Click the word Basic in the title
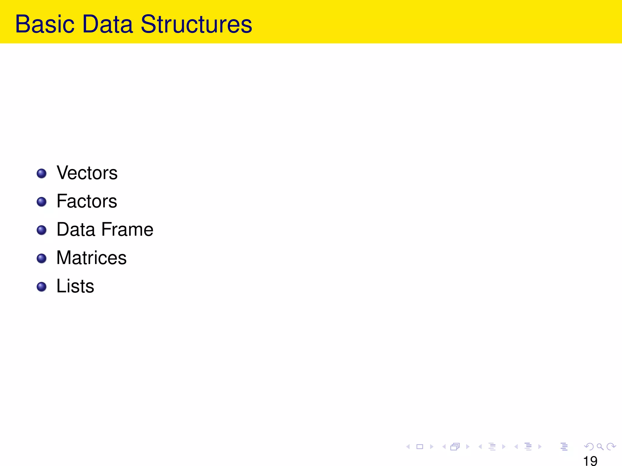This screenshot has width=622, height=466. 45,24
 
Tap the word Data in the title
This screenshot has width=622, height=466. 108,24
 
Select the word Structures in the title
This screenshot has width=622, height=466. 196,24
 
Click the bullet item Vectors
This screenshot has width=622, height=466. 87,173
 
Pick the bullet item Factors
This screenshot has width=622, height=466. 87,201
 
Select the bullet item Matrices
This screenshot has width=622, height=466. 91,258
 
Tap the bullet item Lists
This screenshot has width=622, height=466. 75,286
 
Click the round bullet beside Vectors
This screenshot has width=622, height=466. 42,174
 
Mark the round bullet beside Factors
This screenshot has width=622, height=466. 42,202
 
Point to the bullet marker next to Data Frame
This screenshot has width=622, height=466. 42,230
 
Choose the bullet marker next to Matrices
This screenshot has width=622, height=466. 42,258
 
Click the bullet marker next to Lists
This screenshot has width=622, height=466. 42,287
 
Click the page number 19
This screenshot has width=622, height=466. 590,461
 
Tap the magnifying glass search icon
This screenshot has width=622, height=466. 600,447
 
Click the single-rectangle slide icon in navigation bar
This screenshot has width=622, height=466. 420,447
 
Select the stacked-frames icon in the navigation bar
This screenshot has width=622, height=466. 455,447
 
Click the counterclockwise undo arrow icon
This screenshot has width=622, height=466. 589,447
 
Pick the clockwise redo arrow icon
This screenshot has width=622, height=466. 611,447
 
